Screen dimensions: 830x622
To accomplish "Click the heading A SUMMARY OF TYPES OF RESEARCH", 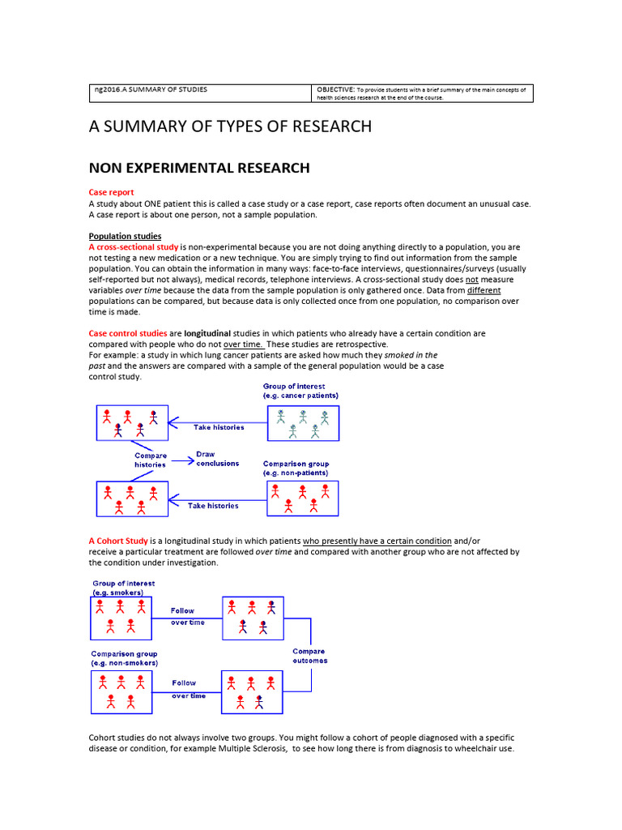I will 230,126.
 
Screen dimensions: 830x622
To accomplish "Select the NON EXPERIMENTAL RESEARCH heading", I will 198,169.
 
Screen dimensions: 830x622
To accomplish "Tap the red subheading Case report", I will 111,193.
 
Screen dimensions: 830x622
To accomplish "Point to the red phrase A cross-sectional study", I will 134,246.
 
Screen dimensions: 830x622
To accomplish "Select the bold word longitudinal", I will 207,333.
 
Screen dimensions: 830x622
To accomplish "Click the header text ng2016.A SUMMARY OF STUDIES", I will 151,89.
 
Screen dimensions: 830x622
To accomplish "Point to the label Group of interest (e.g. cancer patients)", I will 300,391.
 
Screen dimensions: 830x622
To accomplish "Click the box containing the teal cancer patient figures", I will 303,423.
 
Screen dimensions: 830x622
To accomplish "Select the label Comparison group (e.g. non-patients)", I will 296,468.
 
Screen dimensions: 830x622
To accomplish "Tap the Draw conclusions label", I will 217,459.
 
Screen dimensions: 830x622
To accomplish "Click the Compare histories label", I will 151,460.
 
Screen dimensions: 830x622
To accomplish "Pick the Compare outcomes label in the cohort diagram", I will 309,656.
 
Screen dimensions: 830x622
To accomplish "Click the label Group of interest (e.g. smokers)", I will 123,588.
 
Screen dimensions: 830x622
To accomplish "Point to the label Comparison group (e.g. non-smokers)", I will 124,658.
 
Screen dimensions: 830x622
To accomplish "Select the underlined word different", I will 484,290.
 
